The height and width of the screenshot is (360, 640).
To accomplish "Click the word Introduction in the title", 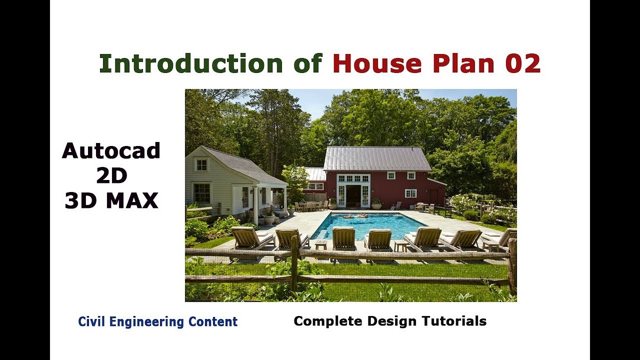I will pos(191,63).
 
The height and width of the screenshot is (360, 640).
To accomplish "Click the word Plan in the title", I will pos(459,63).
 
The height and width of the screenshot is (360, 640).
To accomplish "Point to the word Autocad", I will pos(111,150).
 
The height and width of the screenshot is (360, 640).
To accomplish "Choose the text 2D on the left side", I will pos(111,175).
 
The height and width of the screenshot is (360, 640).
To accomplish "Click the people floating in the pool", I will pos(354,216).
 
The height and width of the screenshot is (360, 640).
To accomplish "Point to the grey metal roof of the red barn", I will pos(377,158).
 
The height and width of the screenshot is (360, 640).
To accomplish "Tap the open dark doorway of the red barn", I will pos(353,195).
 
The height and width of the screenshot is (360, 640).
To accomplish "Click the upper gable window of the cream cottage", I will pos(201,164).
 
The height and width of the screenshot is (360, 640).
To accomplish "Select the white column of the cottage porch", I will pos(255,205).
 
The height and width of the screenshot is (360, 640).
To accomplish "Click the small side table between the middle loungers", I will pos(320,244).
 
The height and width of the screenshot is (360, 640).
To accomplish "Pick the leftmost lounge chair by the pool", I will pos(250,238).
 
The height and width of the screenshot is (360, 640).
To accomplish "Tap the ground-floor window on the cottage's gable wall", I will pos(202,193).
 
